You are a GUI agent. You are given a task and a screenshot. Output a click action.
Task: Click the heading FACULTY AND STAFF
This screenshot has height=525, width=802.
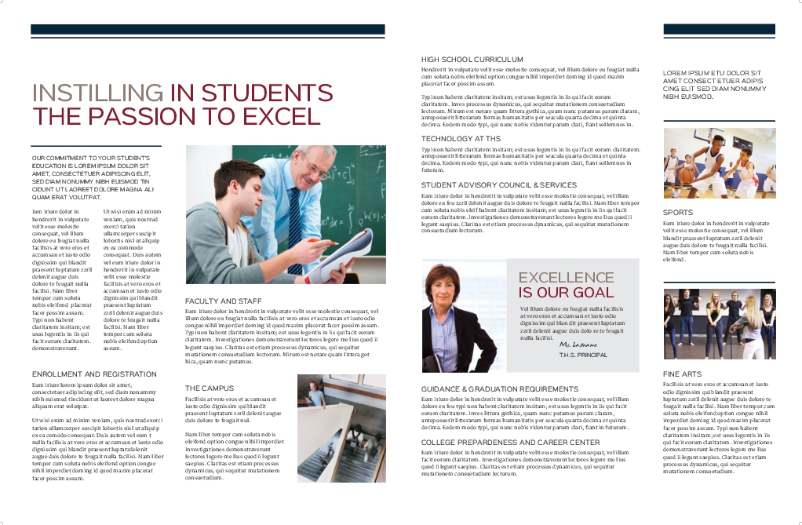point(223,301)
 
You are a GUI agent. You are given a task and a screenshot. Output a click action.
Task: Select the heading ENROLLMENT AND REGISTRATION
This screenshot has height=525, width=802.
point(89,374)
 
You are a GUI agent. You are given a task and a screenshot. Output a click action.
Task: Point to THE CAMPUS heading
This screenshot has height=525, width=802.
point(210,388)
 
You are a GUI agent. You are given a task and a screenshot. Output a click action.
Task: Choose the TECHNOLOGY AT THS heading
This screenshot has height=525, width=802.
point(461,139)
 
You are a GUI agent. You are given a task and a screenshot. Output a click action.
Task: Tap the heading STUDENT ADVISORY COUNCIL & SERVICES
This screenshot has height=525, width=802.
point(499,185)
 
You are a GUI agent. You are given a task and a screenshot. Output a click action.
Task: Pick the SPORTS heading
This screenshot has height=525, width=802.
point(677,213)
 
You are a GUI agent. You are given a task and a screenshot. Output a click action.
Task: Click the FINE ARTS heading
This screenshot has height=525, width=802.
point(682,374)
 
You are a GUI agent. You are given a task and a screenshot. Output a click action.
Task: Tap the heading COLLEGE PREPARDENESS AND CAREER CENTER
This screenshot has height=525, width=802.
point(510,443)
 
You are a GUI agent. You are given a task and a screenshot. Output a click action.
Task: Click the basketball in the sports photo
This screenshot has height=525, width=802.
point(687,175)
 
